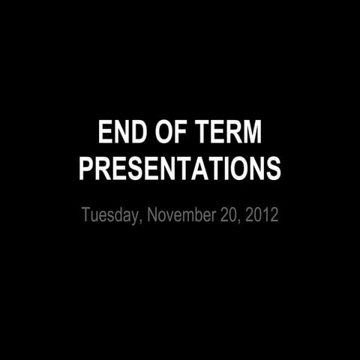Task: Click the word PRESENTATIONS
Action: pyautogui.click(x=180, y=168)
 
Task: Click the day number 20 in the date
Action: pyautogui.click(x=229, y=215)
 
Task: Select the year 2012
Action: pyautogui.click(x=262, y=215)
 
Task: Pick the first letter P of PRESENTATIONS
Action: pyautogui.click(x=86, y=168)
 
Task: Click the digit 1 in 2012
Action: pyautogui.click(x=266, y=215)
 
